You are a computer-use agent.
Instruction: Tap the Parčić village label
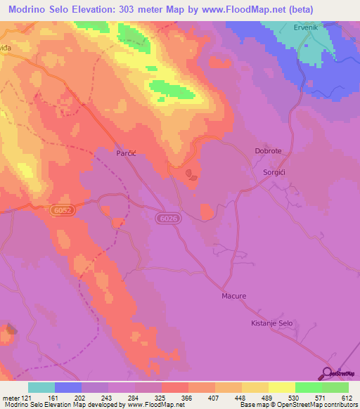pyautogui.click(x=127, y=152)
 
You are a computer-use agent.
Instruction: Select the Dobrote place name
pyautogui.click(x=268, y=151)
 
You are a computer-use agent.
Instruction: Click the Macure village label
pyautogui.click(x=234, y=296)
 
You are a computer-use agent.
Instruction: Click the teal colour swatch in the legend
pyautogui.click(x=41, y=387)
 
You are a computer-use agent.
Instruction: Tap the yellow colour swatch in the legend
pyautogui.click(x=281, y=387)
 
